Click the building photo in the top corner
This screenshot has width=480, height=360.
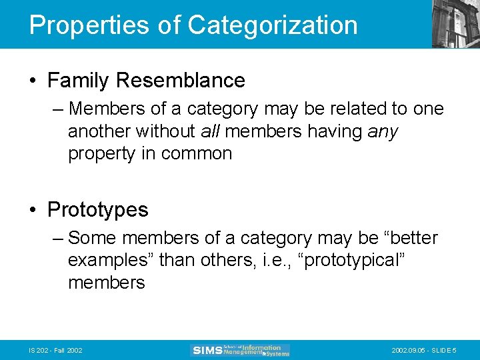point(455,23)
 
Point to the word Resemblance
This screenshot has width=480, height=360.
point(180,81)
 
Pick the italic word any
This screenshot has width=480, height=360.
point(383,131)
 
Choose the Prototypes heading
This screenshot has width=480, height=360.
point(98,210)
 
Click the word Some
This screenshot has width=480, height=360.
point(93,238)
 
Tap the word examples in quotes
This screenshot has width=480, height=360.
point(110,260)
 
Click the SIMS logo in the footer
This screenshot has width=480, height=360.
point(240,350)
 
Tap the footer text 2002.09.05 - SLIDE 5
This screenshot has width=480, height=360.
point(424,351)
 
